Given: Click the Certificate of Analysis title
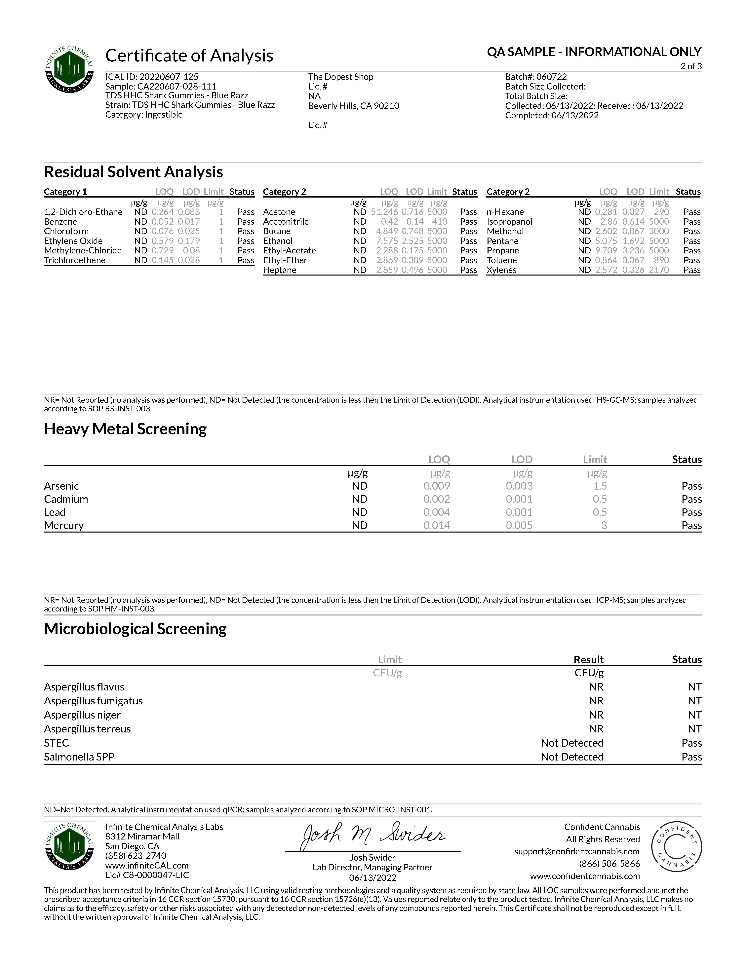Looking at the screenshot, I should click(189, 56).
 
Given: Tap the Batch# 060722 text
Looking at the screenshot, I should click(536, 77).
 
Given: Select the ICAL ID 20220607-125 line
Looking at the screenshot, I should click(152, 77).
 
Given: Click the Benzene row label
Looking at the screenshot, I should click(60, 222).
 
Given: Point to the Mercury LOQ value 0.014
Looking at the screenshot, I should click(437, 525).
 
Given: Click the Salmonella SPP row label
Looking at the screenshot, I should click(79, 757).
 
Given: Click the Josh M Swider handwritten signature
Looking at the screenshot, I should click(373, 835).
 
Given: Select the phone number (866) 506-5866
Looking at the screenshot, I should click(609, 864).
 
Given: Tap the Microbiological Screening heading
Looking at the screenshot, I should click(135, 629).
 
